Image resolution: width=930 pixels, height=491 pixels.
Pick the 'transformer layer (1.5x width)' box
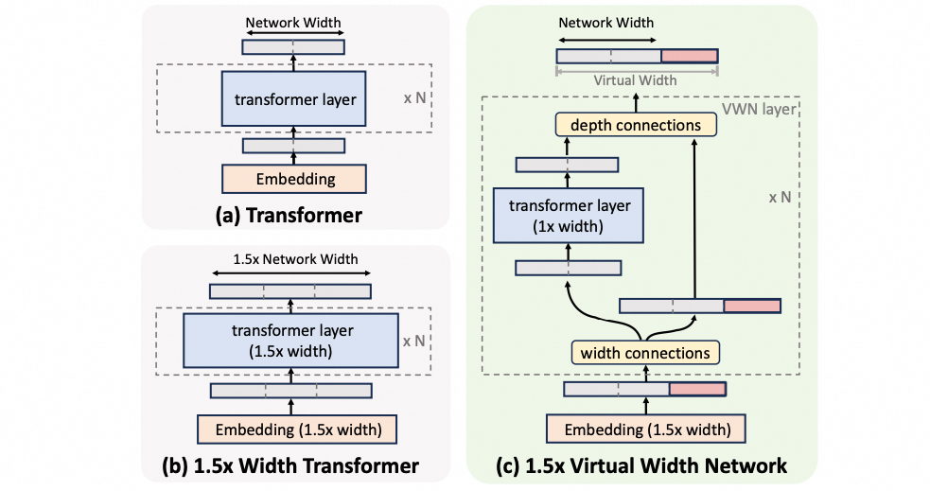(x=291, y=340)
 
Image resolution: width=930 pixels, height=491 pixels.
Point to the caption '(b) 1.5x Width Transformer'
(x=291, y=465)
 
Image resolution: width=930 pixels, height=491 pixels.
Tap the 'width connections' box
(x=644, y=353)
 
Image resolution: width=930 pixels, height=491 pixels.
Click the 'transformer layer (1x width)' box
(x=567, y=215)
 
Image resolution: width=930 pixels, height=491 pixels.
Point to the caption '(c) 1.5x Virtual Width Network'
(x=641, y=465)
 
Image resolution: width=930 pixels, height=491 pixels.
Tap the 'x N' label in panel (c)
(x=780, y=200)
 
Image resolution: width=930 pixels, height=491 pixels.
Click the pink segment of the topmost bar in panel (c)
(x=689, y=56)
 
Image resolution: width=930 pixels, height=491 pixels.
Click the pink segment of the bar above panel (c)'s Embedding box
(x=697, y=389)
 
